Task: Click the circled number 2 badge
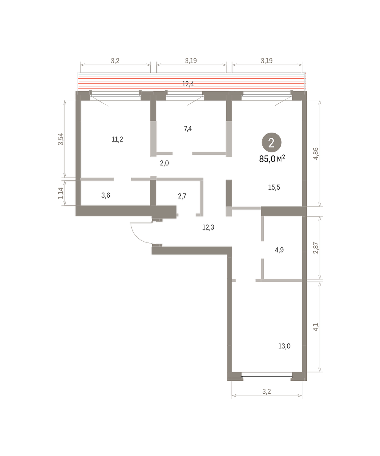[x=271, y=142]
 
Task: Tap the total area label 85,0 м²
[x=272, y=159]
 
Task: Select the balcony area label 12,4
[x=188, y=84]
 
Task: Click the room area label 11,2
[x=117, y=139]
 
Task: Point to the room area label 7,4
[x=188, y=129]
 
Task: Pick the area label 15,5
[x=274, y=187]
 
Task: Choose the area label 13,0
[x=284, y=346]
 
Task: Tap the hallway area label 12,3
[x=208, y=227]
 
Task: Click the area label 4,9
[x=279, y=250]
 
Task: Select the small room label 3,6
[x=106, y=195]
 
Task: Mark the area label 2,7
[x=182, y=196]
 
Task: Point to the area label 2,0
[x=164, y=163]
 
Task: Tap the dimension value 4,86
[x=315, y=154]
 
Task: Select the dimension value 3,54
[x=60, y=139]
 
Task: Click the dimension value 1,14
[x=60, y=193]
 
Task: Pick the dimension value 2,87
[x=315, y=248]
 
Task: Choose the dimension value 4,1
[x=315, y=327]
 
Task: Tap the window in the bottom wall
[x=267, y=377]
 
